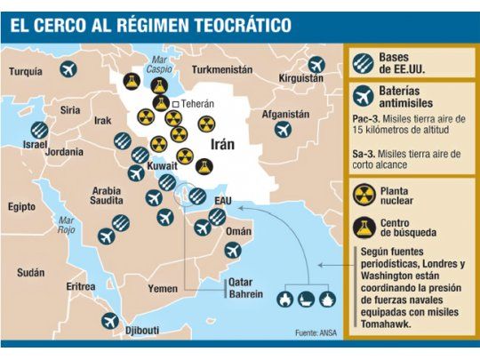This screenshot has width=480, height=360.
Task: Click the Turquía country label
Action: pyautogui.click(x=26, y=71)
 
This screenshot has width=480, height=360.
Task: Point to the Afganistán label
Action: pyautogui.click(x=285, y=114)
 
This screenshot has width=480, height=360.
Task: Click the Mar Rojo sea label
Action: pyautogui.click(x=65, y=223)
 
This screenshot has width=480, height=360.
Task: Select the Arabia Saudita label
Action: pyautogui.click(x=108, y=196)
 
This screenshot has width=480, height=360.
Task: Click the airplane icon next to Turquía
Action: pyautogui.click(x=68, y=68)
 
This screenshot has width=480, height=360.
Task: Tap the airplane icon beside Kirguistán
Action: pyautogui.click(x=316, y=64)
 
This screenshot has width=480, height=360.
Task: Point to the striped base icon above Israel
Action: pyautogui.click(x=39, y=129)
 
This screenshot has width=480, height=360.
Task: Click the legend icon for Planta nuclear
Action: pyautogui.click(x=363, y=196)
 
